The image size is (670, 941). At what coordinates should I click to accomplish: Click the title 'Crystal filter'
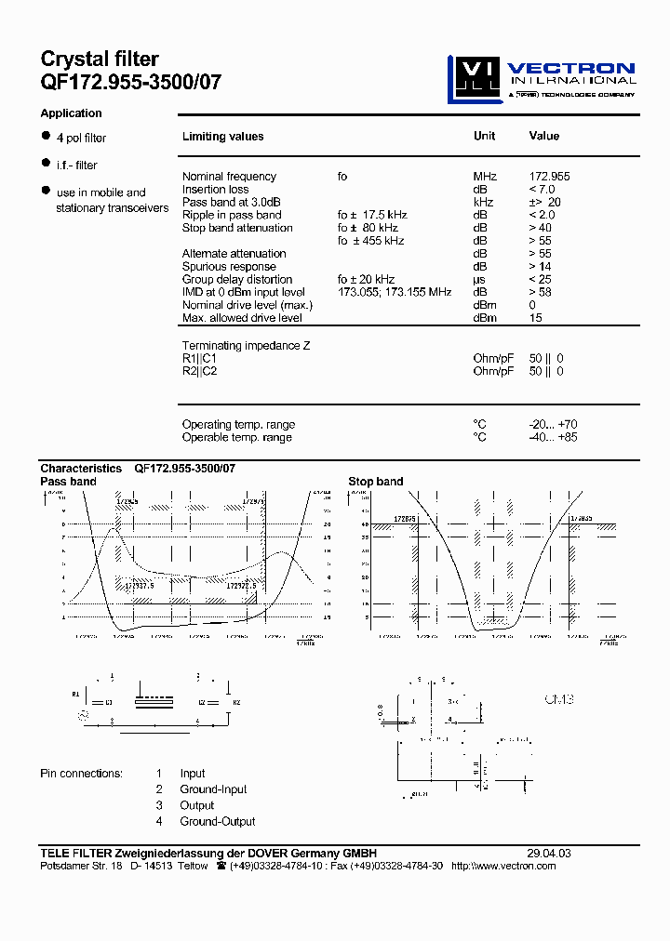tap(100, 60)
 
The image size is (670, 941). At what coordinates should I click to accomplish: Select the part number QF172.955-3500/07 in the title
tap(131, 81)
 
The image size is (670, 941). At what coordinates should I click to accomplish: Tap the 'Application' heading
tap(71, 113)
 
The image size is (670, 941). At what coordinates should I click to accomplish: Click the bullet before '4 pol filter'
tap(45, 136)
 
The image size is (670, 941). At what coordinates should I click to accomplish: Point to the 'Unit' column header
tap(484, 136)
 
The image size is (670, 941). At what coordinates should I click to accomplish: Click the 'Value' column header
tap(544, 136)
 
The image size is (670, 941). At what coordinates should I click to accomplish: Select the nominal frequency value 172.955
tap(549, 177)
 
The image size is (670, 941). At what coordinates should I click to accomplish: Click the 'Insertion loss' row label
tap(215, 190)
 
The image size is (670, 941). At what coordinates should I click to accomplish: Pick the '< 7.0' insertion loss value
tap(543, 190)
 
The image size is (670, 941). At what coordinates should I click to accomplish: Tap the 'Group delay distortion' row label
tap(237, 279)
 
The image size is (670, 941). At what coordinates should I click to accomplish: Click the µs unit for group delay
tap(479, 279)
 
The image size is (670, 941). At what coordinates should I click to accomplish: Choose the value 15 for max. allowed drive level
tap(535, 318)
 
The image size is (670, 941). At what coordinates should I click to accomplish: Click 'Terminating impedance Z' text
tap(246, 345)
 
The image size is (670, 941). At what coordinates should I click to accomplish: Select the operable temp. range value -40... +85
tap(553, 437)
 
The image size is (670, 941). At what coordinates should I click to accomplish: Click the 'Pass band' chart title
tap(68, 482)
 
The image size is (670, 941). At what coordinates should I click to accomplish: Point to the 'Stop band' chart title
tap(376, 482)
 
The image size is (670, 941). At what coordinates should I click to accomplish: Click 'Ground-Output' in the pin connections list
tap(218, 821)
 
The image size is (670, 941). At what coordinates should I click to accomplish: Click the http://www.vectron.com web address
tap(503, 866)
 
